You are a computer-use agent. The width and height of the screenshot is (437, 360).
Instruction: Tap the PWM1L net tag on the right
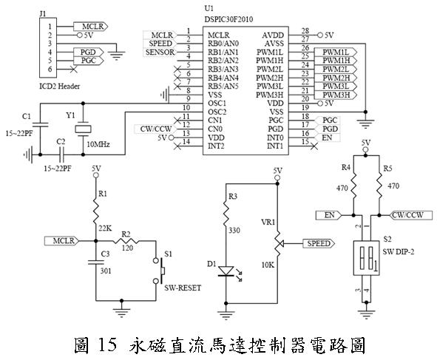(x=336, y=52)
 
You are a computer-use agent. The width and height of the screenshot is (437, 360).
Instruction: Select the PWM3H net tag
(x=336, y=95)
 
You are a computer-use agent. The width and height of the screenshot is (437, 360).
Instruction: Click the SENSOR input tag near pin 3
(x=160, y=52)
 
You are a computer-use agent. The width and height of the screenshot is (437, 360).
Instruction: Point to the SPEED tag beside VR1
(x=319, y=243)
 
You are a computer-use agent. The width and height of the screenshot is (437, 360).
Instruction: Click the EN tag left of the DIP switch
(x=330, y=215)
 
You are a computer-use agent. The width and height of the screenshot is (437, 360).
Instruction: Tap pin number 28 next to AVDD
(x=304, y=32)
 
